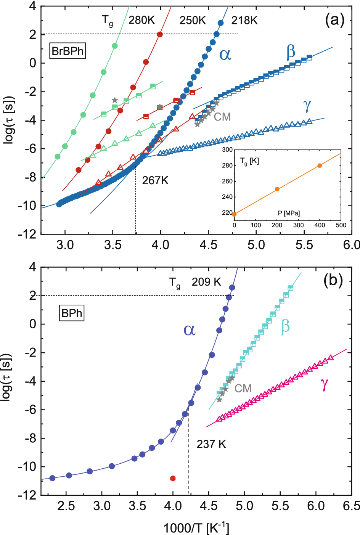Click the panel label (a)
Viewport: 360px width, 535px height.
(x=334, y=20)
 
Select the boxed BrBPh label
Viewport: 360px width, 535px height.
(x=67, y=51)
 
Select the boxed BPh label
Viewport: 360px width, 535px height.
(x=72, y=313)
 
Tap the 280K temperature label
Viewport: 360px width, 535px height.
(x=141, y=20)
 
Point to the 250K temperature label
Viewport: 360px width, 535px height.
(x=193, y=20)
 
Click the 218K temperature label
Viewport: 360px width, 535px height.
(x=244, y=20)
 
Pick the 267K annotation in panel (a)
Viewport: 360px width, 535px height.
(x=155, y=180)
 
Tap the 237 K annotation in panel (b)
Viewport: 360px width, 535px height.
(x=211, y=444)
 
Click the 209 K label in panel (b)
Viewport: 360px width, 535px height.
(x=206, y=282)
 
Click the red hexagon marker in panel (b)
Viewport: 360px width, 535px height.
(x=173, y=479)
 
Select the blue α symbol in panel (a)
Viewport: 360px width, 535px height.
(x=225, y=55)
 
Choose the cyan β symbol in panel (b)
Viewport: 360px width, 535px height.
(x=285, y=327)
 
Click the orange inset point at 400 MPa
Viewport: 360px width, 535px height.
(x=320, y=165)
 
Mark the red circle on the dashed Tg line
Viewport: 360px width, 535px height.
(x=160, y=34)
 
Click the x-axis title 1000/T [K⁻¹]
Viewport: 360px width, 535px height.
(x=196, y=528)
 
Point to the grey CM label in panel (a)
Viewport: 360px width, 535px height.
(x=222, y=117)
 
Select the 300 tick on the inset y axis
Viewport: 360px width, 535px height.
(x=227, y=150)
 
